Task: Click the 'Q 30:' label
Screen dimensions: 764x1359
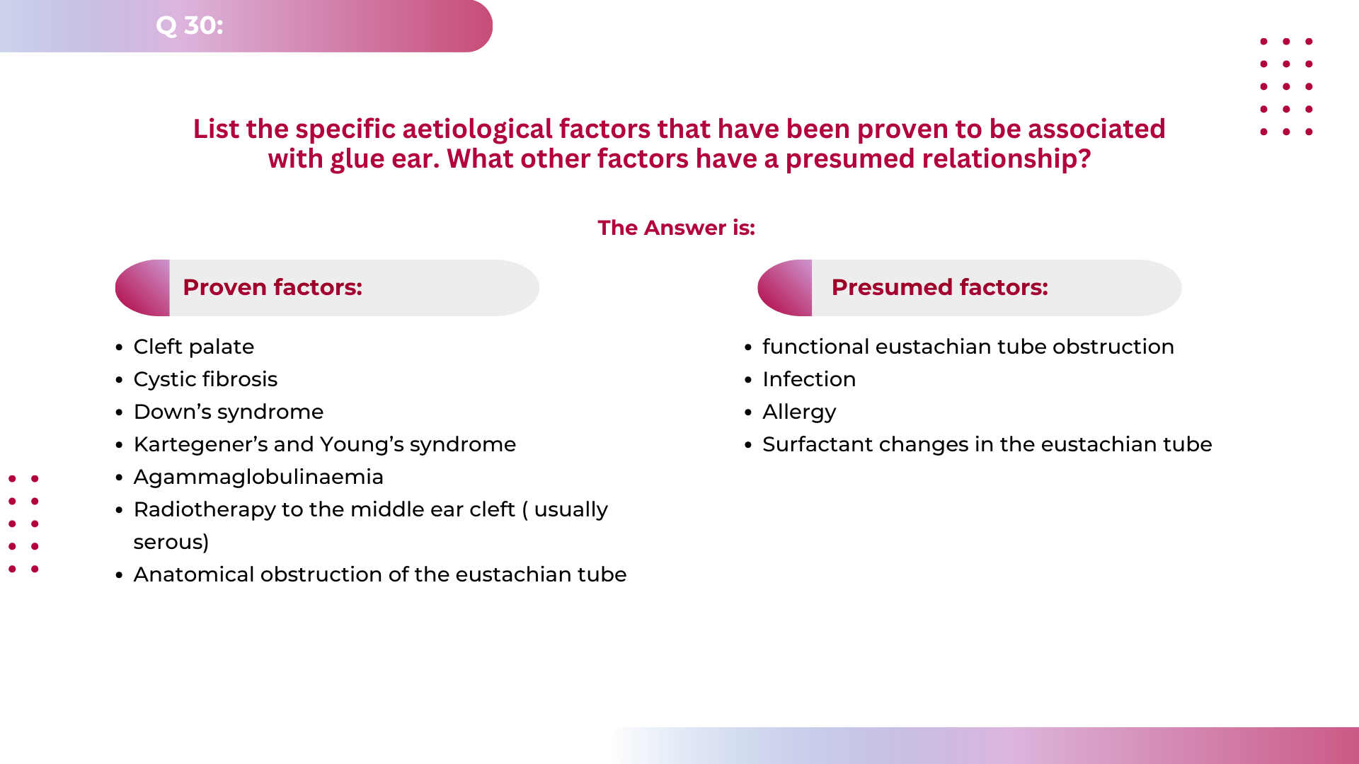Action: pyautogui.click(x=189, y=25)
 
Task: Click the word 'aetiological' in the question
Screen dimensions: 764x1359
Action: pyautogui.click(x=477, y=129)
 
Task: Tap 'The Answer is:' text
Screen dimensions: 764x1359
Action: pyautogui.click(x=676, y=228)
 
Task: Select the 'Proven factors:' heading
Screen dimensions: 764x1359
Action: pyautogui.click(x=273, y=287)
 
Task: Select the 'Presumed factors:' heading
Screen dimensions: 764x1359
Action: pyautogui.click(x=939, y=287)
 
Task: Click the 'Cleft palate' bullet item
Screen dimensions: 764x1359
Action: pyautogui.click(x=193, y=347)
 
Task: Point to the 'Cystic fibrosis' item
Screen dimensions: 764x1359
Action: pyautogui.click(x=205, y=379)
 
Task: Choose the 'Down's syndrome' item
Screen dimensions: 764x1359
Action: pyautogui.click(x=228, y=412)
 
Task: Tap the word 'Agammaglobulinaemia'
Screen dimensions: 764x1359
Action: pyautogui.click(x=258, y=477)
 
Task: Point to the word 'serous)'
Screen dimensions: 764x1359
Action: pyautogui.click(x=171, y=543)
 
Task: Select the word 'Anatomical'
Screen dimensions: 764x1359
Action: pyautogui.click(x=193, y=574)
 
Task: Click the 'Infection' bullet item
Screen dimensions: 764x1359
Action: pyautogui.click(x=809, y=379)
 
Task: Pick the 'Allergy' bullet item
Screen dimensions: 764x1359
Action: pyautogui.click(x=799, y=412)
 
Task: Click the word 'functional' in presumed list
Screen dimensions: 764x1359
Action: pyautogui.click(x=815, y=347)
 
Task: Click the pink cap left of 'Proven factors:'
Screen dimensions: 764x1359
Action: pyautogui.click(x=144, y=288)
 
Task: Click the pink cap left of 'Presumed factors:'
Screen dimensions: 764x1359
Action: pyautogui.click(x=786, y=288)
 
